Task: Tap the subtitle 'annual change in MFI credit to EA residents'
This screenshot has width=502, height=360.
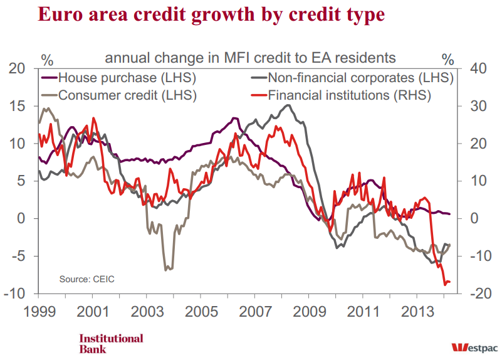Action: (x=250, y=58)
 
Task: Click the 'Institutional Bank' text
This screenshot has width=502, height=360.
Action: (x=111, y=343)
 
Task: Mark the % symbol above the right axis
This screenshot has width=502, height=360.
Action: (x=447, y=60)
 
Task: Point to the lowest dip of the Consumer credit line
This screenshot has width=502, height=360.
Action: (x=166, y=270)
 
